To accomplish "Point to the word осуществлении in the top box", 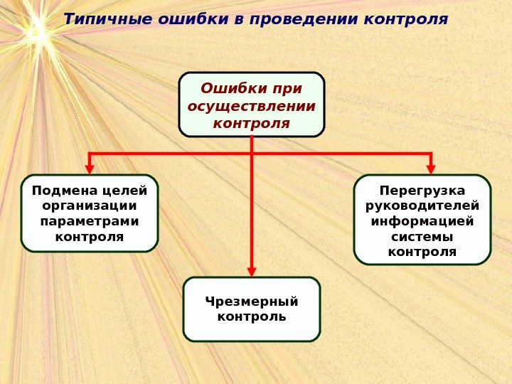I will (x=252, y=107).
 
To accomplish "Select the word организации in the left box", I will (x=89, y=206).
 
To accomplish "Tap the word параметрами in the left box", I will (x=89, y=221).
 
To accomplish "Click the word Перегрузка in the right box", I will (x=422, y=191).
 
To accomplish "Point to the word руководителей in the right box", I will (x=422, y=206).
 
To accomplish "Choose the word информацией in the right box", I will (x=422, y=221).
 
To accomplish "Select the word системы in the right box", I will (x=422, y=237).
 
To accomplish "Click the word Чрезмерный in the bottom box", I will (x=252, y=302).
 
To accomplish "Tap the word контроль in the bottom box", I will (x=252, y=316).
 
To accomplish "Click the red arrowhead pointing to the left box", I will (x=90, y=169).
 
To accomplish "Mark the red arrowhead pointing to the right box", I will (x=431, y=169).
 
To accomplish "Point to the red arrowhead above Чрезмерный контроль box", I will (x=252, y=271).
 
